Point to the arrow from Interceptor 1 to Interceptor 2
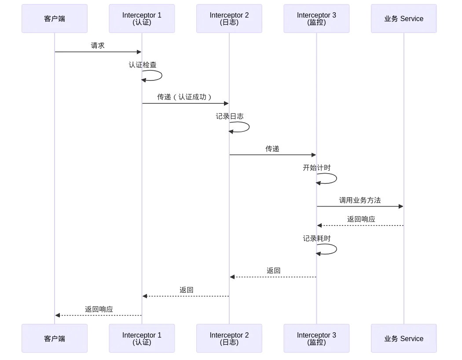click(x=185, y=104)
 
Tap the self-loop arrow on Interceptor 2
click(x=249, y=127)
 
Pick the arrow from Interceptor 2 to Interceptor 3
click(x=273, y=155)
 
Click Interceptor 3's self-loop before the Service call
click(x=337, y=178)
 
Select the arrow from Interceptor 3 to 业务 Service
click(x=360, y=206)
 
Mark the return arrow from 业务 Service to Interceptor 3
click(x=360, y=226)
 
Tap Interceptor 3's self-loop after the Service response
click(x=337, y=248)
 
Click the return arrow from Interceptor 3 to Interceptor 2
click(x=273, y=276)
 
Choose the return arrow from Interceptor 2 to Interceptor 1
click(x=186, y=297)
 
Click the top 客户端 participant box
click(x=55, y=19)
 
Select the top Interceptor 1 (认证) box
click(x=142, y=19)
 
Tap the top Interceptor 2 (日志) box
click(x=229, y=19)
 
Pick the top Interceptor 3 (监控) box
click(x=316, y=19)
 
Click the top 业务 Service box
click(x=404, y=19)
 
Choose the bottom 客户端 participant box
click(x=55, y=339)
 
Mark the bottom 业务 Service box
click(x=404, y=339)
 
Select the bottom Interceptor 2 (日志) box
click(x=229, y=339)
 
